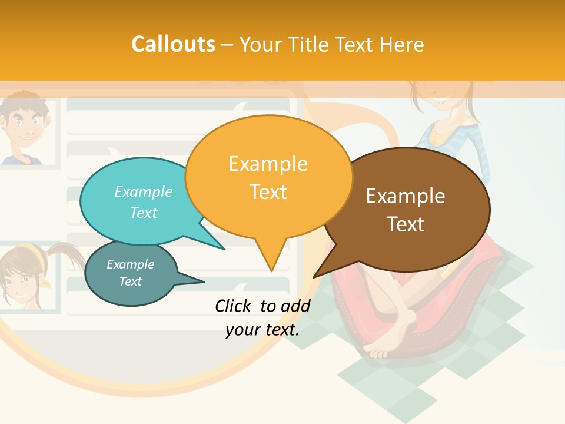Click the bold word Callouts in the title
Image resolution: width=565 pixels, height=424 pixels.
tap(173, 44)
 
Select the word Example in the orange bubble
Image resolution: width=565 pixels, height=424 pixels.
tap(268, 164)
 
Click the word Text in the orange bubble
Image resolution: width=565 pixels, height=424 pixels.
tap(268, 192)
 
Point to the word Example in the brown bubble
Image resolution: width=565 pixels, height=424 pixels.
tap(406, 196)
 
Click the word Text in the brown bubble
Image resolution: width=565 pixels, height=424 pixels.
tap(406, 224)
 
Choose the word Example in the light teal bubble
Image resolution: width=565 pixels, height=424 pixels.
tap(144, 192)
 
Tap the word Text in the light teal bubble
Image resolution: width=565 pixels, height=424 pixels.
tap(144, 213)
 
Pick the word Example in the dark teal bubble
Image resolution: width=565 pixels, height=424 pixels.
tap(130, 264)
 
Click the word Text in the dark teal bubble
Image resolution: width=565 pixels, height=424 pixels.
tap(130, 281)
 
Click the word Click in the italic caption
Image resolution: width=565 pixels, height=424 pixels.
tap(234, 306)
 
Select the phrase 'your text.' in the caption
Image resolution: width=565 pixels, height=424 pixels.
tap(262, 330)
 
